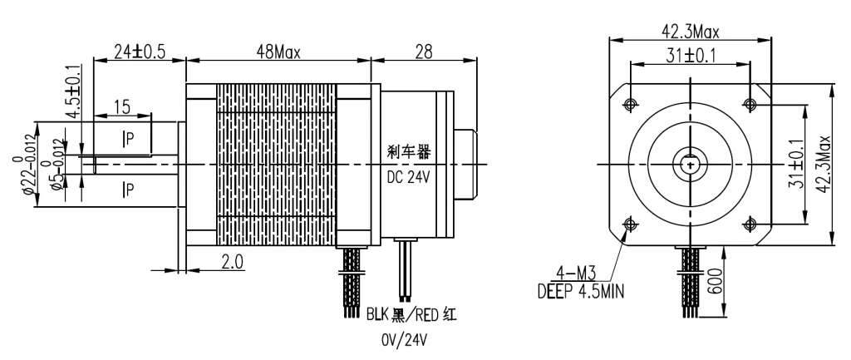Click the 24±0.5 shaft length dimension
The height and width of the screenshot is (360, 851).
tap(140, 52)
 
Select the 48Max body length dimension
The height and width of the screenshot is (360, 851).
tap(278, 52)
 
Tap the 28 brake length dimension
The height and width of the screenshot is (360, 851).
tap(424, 52)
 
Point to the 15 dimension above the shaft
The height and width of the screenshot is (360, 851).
tap(123, 107)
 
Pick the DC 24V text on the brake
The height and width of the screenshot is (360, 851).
tap(408, 177)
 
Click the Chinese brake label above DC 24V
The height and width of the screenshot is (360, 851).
tap(409, 153)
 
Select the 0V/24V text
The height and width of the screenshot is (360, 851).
tap(405, 340)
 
